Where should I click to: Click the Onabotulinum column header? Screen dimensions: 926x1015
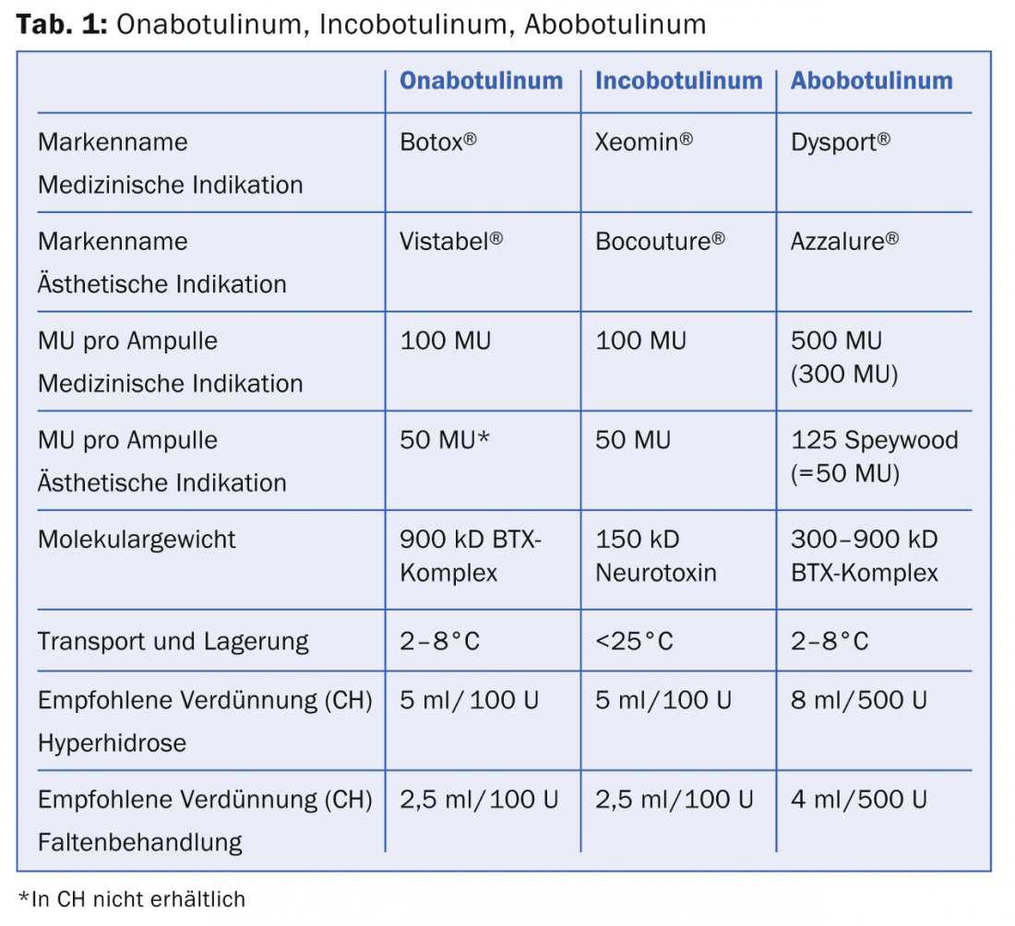tap(481, 81)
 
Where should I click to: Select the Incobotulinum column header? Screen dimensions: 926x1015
tap(678, 81)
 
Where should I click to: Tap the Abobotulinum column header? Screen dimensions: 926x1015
tap(871, 81)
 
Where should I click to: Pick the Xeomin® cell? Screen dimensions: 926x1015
tap(643, 142)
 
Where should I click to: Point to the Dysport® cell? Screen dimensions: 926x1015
tap(840, 142)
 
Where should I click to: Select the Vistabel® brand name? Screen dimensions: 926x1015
tap(450, 242)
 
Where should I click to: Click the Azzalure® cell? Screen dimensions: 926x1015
tap(843, 242)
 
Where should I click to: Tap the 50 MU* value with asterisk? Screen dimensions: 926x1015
tap(445, 441)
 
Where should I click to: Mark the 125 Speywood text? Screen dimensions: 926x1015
tap(874, 441)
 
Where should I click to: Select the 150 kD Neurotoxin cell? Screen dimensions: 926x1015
tap(655, 556)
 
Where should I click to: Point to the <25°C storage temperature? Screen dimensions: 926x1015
tap(634, 641)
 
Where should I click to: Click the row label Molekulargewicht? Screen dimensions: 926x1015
tap(137, 540)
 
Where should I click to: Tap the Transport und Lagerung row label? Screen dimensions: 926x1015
tap(173, 641)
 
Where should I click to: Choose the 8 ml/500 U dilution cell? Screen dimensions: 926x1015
tap(858, 701)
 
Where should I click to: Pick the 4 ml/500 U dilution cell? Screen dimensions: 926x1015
tap(858, 800)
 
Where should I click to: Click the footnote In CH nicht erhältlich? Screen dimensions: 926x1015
tap(132, 898)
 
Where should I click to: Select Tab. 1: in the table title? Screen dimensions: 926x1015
tap(63, 25)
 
